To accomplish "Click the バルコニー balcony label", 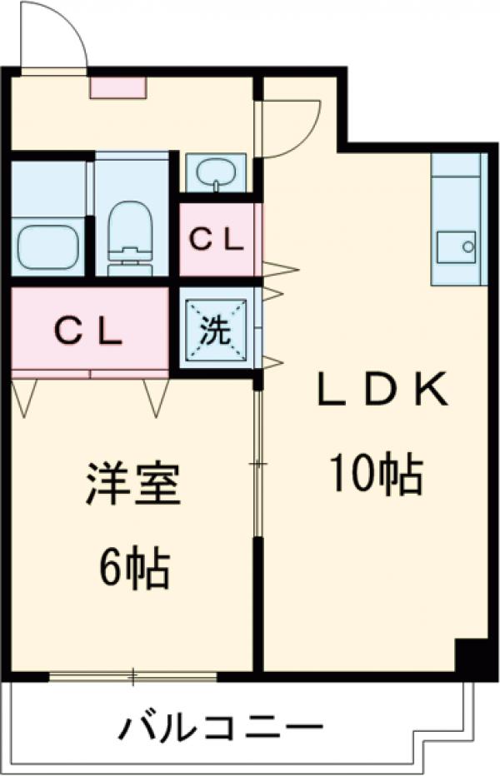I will point(220,730).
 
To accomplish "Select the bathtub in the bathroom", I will point(49,239).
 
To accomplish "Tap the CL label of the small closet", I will point(215,240).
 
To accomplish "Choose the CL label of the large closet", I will point(89,332).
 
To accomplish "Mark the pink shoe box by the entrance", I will point(118,87).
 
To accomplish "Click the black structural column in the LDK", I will point(472,658).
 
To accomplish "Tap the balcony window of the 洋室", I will point(133,677).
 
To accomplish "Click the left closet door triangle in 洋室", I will point(25,396).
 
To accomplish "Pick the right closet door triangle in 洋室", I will point(156,396).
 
